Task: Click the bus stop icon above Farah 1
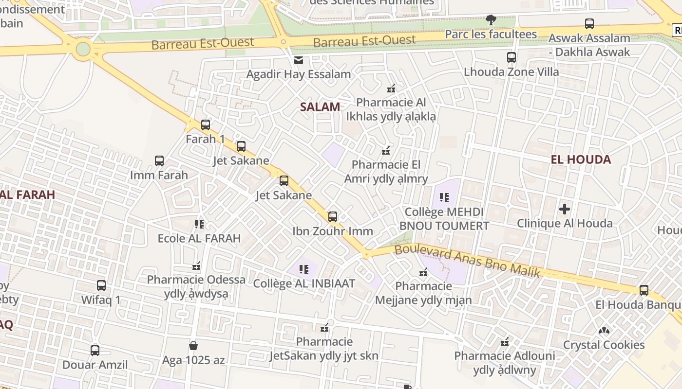click(x=206, y=125)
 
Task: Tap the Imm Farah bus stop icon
click(x=159, y=161)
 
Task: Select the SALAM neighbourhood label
click(x=320, y=107)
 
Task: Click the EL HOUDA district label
click(x=581, y=159)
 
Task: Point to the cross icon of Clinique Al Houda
click(x=565, y=210)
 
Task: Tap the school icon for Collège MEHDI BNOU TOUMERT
click(x=444, y=197)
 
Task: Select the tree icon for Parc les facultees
click(x=491, y=20)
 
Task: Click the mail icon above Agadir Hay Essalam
click(x=299, y=60)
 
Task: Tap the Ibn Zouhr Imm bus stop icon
click(x=333, y=217)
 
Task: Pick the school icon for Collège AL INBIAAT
click(x=304, y=269)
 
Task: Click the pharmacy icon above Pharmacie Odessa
click(x=196, y=266)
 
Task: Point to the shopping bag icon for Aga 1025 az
click(x=193, y=346)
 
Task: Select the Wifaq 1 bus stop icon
click(x=101, y=285)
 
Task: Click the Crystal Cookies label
click(x=604, y=345)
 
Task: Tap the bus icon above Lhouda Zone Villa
click(x=511, y=57)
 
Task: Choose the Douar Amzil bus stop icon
click(x=95, y=350)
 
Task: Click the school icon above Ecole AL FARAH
click(x=199, y=224)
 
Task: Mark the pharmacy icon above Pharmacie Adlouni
click(x=505, y=342)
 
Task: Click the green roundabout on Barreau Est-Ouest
click(x=83, y=49)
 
